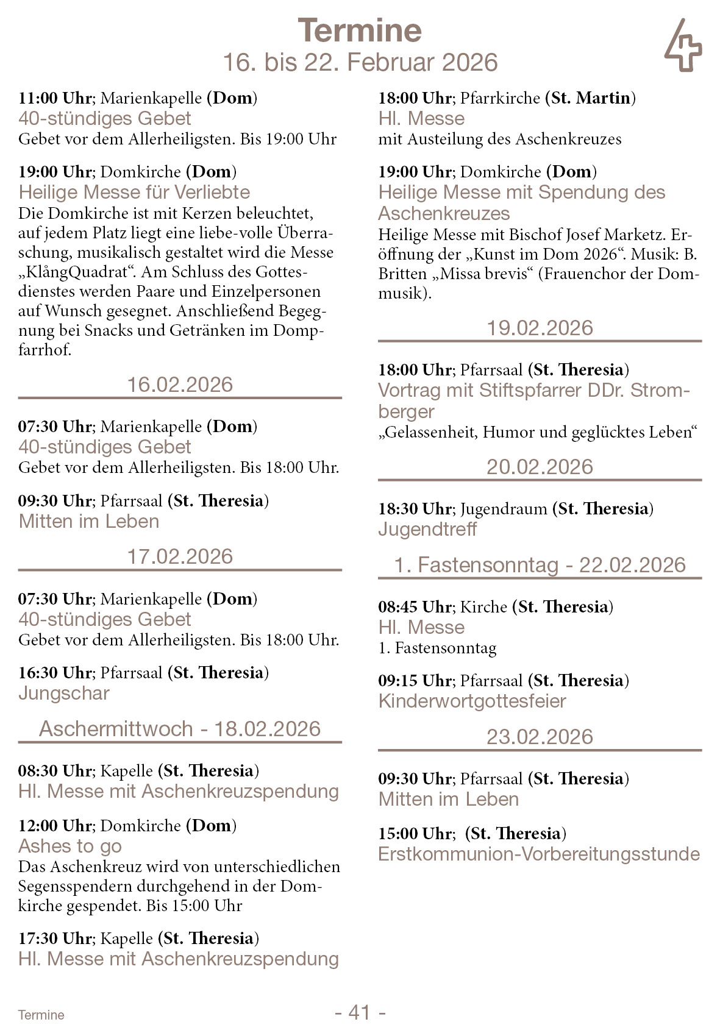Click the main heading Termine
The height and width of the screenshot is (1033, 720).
(x=360, y=30)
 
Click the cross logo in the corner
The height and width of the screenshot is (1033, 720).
(x=683, y=46)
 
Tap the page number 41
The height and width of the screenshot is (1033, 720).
(x=360, y=1012)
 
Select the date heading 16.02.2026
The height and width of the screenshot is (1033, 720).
(x=180, y=385)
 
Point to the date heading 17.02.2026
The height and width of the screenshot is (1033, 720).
(x=180, y=556)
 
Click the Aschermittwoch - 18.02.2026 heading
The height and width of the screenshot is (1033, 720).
(x=180, y=729)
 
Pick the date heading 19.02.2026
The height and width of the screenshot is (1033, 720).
(x=540, y=328)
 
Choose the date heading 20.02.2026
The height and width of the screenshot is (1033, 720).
(x=540, y=467)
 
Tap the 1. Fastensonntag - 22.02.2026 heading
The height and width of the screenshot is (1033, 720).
(x=540, y=565)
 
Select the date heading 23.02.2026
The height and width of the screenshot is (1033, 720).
(x=540, y=737)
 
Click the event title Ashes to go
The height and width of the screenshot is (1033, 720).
(x=70, y=846)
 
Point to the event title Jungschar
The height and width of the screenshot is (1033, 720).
(x=64, y=693)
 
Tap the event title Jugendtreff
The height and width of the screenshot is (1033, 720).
(x=427, y=529)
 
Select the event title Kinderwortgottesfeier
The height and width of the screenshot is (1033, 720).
(x=472, y=701)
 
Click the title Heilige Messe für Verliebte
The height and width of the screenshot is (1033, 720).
(x=134, y=192)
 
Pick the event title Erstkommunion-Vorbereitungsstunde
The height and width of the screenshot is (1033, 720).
(x=539, y=854)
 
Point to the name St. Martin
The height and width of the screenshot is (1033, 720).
(x=590, y=98)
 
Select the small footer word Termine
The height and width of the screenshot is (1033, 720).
(x=41, y=1015)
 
